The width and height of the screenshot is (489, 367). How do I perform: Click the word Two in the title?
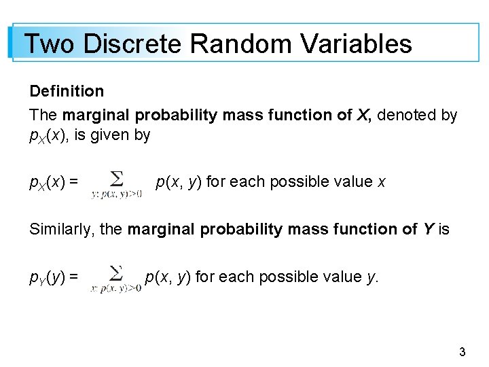pyautogui.click(x=50, y=44)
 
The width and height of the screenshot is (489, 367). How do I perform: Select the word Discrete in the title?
pyautogui.click(x=132, y=44)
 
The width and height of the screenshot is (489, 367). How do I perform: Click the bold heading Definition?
pyautogui.click(x=67, y=91)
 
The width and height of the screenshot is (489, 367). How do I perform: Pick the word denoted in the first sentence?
pyautogui.click(x=407, y=116)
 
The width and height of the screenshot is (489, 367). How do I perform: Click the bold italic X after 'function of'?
pyautogui.click(x=363, y=116)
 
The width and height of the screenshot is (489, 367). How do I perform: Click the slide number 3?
pyautogui.click(x=463, y=352)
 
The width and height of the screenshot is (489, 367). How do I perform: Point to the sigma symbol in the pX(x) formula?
pyautogui.click(x=117, y=179)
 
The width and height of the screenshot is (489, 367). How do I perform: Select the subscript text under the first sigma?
pyautogui.click(x=116, y=194)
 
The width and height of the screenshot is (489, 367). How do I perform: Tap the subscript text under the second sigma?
pyautogui.click(x=116, y=288)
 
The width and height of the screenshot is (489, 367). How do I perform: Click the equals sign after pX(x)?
pyautogui.click(x=73, y=182)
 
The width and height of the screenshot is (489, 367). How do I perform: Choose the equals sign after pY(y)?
pyautogui.click(x=73, y=277)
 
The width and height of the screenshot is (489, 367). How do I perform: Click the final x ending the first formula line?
pyautogui.click(x=381, y=182)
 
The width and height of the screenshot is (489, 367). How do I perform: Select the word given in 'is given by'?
pyautogui.click(x=109, y=135)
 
